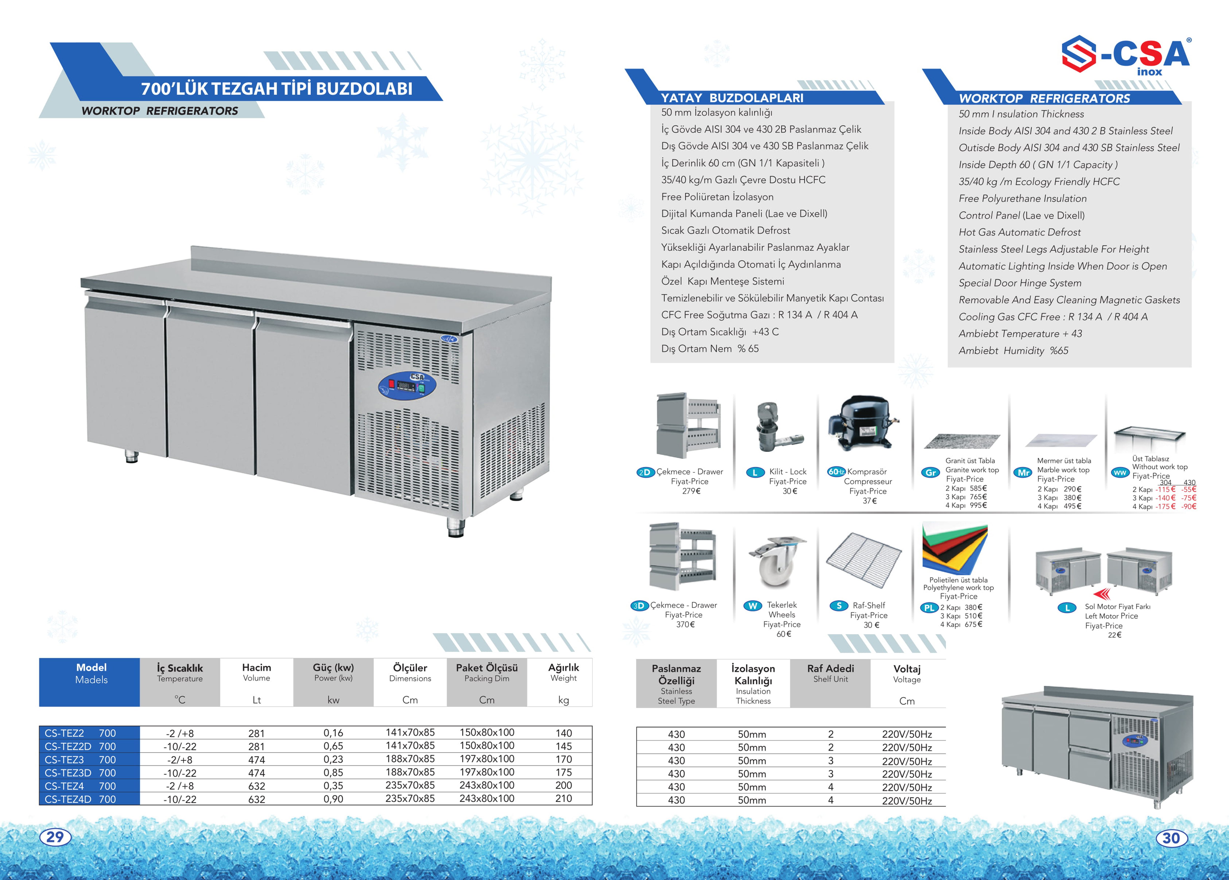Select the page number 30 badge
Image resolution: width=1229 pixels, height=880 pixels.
(x=1171, y=838)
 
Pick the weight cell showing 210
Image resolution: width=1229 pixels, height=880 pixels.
(x=564, y=799)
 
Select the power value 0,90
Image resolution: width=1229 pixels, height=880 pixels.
(x=333, y=799)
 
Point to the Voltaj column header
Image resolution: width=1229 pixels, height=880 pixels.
(x=907, y=674)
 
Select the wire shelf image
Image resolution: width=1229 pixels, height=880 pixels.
(x=864, y=561)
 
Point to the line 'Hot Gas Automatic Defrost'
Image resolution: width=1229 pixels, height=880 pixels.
(x=1019, y=232)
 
